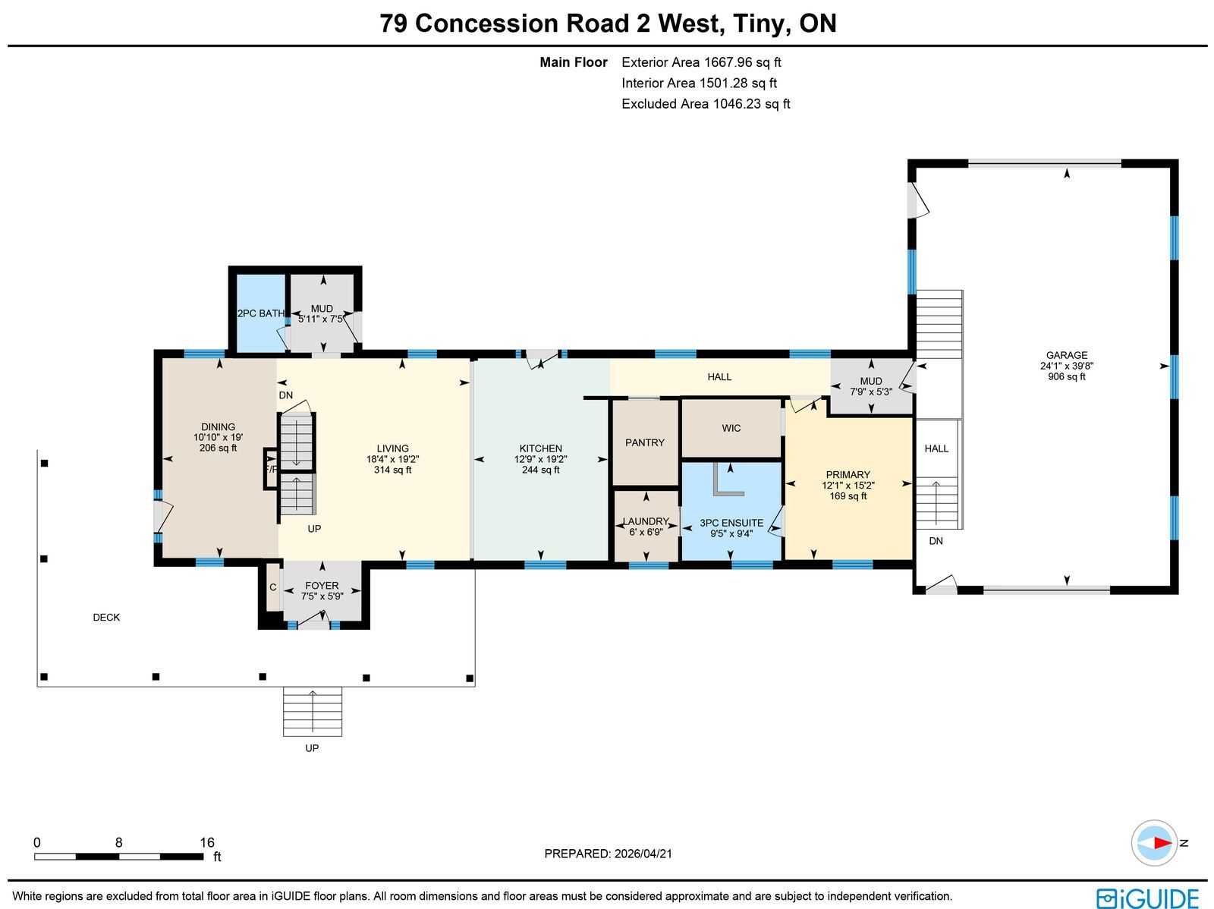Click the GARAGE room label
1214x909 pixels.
point(1066,356)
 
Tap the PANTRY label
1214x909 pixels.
point(644,442)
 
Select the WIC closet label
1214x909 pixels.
point(731,428)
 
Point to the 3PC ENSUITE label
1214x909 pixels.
point(731,523)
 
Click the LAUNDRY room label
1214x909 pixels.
point(646,521)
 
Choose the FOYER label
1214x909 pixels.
point(322,586)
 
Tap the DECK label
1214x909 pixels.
point(106,617)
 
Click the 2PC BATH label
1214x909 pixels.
point(261,313)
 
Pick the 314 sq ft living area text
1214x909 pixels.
point(393,470)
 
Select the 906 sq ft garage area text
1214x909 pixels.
point(1066,376)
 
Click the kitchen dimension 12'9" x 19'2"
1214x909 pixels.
point(540,459)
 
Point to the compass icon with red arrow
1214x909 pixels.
point(1154,843)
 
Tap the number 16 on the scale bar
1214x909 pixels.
point(207,842)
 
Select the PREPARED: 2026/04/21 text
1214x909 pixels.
point(608,853)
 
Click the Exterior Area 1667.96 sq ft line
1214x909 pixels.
point(701,62)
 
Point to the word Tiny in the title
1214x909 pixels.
point(762,24)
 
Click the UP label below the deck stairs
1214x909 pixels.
point(312,748)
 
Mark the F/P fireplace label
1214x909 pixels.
point(271,470)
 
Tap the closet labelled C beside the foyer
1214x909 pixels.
point(272,587)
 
